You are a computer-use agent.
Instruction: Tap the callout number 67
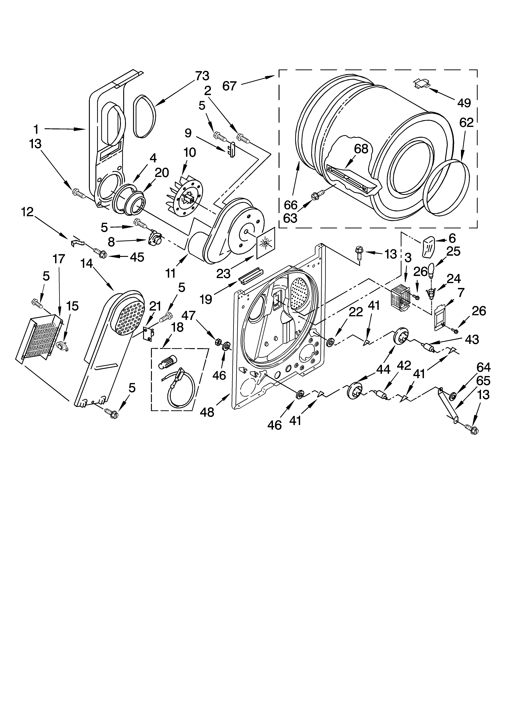pyautogui.click(x=229, y=86)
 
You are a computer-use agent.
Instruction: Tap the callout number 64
pyautogui.click(x=483, y=367)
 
